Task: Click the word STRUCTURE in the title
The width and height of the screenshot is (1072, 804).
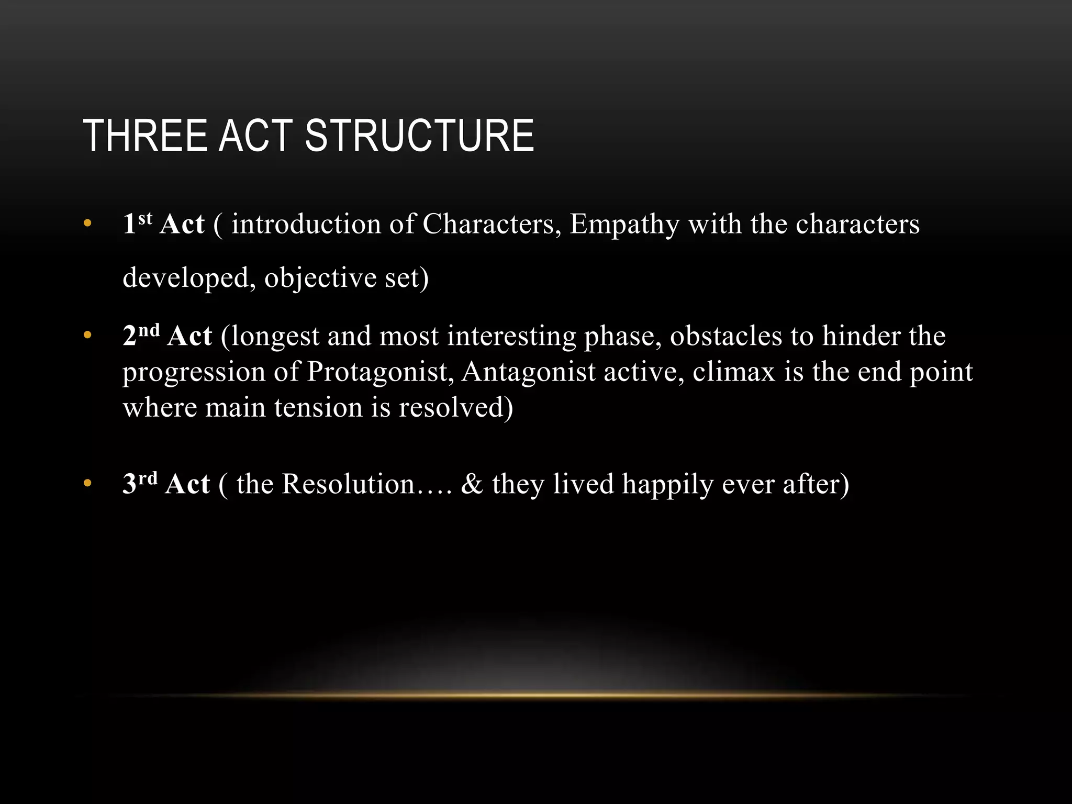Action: coord(419,136)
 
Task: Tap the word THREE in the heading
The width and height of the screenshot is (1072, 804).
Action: coord(145,136)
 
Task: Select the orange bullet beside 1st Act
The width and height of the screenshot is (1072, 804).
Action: coord(87,224)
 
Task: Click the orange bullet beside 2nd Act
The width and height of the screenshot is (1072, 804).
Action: coord(87,336)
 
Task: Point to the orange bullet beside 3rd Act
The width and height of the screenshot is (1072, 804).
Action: coord(87,484)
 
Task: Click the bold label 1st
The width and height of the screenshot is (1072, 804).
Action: coord(137,223)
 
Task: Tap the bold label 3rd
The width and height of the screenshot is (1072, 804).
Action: coord(140,483)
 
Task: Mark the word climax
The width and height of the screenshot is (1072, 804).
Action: coord(733,372)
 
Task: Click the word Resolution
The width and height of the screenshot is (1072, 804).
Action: coord(348,484)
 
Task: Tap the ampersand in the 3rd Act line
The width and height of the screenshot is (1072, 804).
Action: coord(472,484)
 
